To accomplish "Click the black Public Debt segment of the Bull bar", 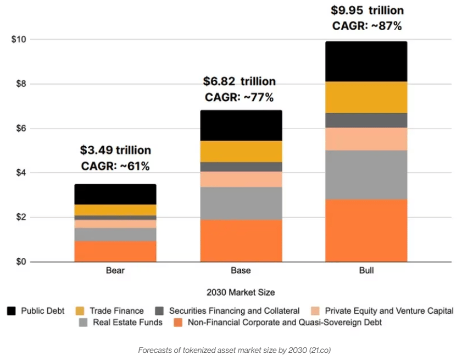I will coord(366,62).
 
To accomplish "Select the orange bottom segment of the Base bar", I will coord(241,240).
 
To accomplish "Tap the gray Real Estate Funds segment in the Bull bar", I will coord(366,175).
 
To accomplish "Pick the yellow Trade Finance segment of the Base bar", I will coord(241,151).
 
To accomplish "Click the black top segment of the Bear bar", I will coord(115,194).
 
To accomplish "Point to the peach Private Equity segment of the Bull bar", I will coord(366,139).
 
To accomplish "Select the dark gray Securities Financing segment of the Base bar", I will coord(241,167).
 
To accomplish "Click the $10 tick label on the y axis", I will coord(20,40).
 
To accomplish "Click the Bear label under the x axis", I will coord(115,271).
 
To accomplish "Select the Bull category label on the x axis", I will coord(366,271).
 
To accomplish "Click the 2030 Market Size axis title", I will coord(241,292).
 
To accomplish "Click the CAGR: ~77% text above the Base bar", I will coord(239,97).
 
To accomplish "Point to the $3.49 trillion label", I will coord(115,150).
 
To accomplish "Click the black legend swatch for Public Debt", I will coord(12,311).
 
